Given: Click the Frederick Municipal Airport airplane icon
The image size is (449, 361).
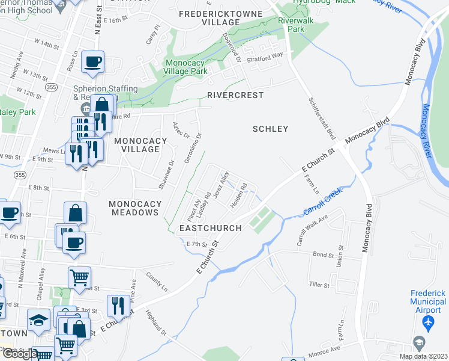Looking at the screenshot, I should [x=427, y=324].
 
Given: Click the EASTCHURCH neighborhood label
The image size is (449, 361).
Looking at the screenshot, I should [x=210, y=228].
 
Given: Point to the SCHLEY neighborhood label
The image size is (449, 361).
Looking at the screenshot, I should [x=270, y=129].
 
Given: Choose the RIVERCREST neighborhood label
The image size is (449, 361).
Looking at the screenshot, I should [x=236, y=95].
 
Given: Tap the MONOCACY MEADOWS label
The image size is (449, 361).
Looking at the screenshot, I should [x=134, y=208].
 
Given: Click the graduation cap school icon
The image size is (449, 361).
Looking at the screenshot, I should [x=38, y=320].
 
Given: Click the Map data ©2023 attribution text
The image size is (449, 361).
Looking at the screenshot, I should [x=423, y=356].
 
